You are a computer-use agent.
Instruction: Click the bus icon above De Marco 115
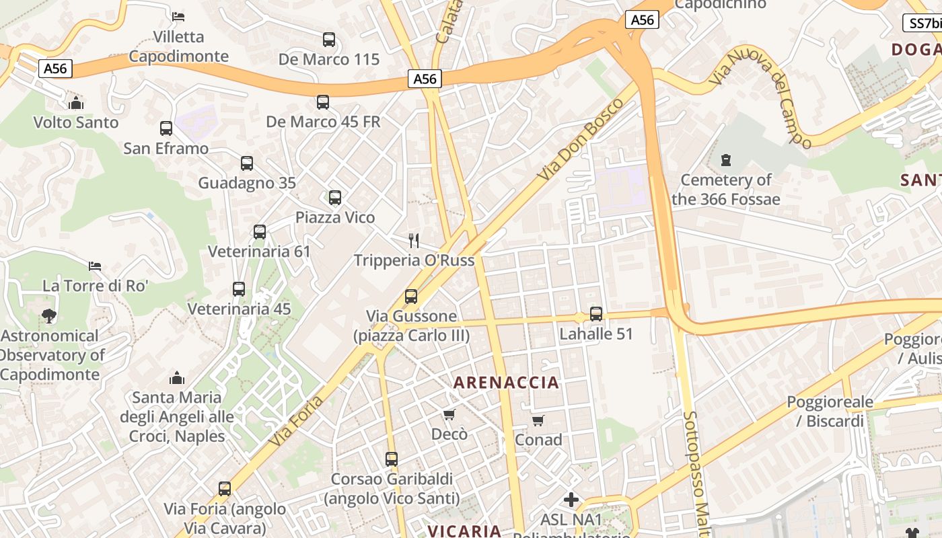click(328, 40)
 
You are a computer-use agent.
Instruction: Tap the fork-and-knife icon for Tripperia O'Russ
click(414, 240)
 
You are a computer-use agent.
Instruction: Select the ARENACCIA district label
click(506, 383)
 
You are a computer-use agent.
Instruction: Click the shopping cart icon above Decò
click(449, 414)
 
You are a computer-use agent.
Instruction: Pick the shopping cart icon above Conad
click(538, 420)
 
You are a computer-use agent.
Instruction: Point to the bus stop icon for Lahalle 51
click(596, 313)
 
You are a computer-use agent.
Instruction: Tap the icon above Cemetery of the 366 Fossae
click(725, 160)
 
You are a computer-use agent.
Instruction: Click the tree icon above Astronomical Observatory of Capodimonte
click(48, 315)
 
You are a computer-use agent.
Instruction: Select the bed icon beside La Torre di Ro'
click(95, 266)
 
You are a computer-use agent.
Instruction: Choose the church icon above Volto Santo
click(76, 103)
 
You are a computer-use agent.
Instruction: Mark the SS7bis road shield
click(923, 23)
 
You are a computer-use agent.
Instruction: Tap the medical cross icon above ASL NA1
click(571, 500)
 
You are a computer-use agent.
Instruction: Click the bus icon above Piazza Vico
click(335, 198)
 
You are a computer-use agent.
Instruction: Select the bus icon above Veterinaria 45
click(239, 289)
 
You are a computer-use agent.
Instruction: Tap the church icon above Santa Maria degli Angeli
click(177, 378)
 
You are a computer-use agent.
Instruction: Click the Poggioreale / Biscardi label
click(830, 412)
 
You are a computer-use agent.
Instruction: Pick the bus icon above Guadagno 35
click(247, 163)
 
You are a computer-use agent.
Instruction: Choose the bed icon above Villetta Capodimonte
click(178, 16)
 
